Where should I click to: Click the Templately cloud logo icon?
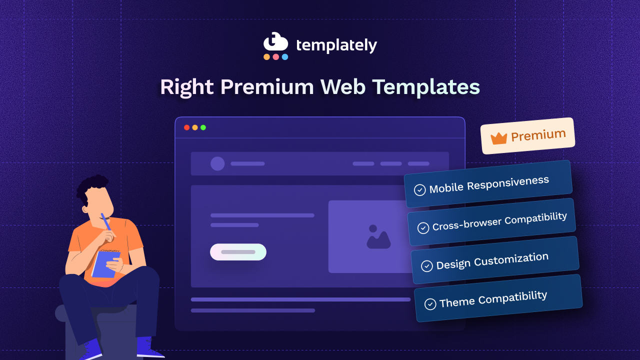coord(275,42)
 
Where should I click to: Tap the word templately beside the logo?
coord(336,45)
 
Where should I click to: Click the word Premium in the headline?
coord(267,87)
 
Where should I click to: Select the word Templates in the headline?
coord(426,87)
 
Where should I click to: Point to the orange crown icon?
coord(498,138)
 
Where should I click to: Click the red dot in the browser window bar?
coord(186,127)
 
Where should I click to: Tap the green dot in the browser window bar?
coord(203,127)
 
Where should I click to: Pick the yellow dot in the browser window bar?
coord(195,127)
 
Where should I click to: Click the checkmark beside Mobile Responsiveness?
coord(420,190)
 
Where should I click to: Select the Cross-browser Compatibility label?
coord(499,221)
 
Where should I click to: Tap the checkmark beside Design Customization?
coord(427,266)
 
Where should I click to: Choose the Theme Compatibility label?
coord(493,299)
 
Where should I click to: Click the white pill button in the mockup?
coord(238,252)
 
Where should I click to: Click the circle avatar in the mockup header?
coord(217,163)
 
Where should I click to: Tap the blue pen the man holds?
coord(106,222)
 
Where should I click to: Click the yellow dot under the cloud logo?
coord(266,57)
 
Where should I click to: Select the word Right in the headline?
coord(186,87)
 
